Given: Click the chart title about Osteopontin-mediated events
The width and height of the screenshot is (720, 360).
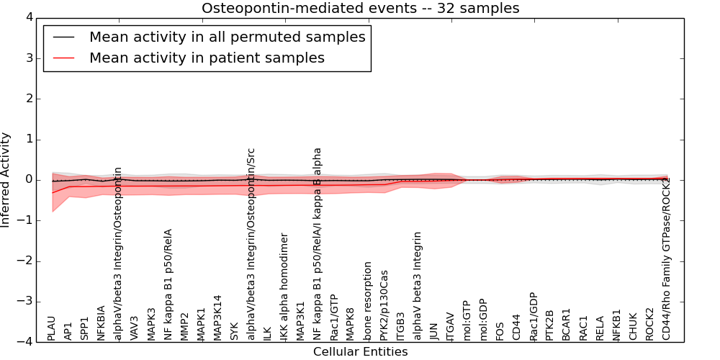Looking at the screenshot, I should click(x=360, y=9).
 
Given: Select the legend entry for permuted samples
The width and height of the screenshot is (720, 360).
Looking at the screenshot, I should click(x=227, y=37).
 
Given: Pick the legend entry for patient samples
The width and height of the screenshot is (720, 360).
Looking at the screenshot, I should click(x=207, y=58).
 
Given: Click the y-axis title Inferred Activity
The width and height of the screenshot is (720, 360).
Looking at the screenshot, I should click(x=6, y=179).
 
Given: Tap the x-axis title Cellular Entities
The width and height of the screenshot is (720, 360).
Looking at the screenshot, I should click(x=360, y=352).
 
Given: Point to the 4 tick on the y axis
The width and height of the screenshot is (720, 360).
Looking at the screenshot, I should click(x=32, y=17).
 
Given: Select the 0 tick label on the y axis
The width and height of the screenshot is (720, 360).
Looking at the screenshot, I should click(x=32, y=179).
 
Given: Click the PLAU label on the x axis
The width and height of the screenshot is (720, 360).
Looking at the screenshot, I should click(x=51, y=328).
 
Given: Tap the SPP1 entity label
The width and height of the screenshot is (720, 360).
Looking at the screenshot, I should click(x=85, y=328).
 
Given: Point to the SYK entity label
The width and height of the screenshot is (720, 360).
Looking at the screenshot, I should click(x=234, y=330).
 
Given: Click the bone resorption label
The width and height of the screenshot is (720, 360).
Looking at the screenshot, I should click(x=367, y=300).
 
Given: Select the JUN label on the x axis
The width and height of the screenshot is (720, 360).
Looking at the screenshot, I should click(x=433, y=330).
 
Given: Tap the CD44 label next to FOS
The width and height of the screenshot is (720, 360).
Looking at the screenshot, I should click(x=516, y=327).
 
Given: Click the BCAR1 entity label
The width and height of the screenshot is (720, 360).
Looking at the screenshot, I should click(x=566, y=324).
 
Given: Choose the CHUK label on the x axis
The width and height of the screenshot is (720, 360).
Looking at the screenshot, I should click(x=633, y=326).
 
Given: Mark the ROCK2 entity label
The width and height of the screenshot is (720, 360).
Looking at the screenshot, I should click(x=649, y=324).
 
